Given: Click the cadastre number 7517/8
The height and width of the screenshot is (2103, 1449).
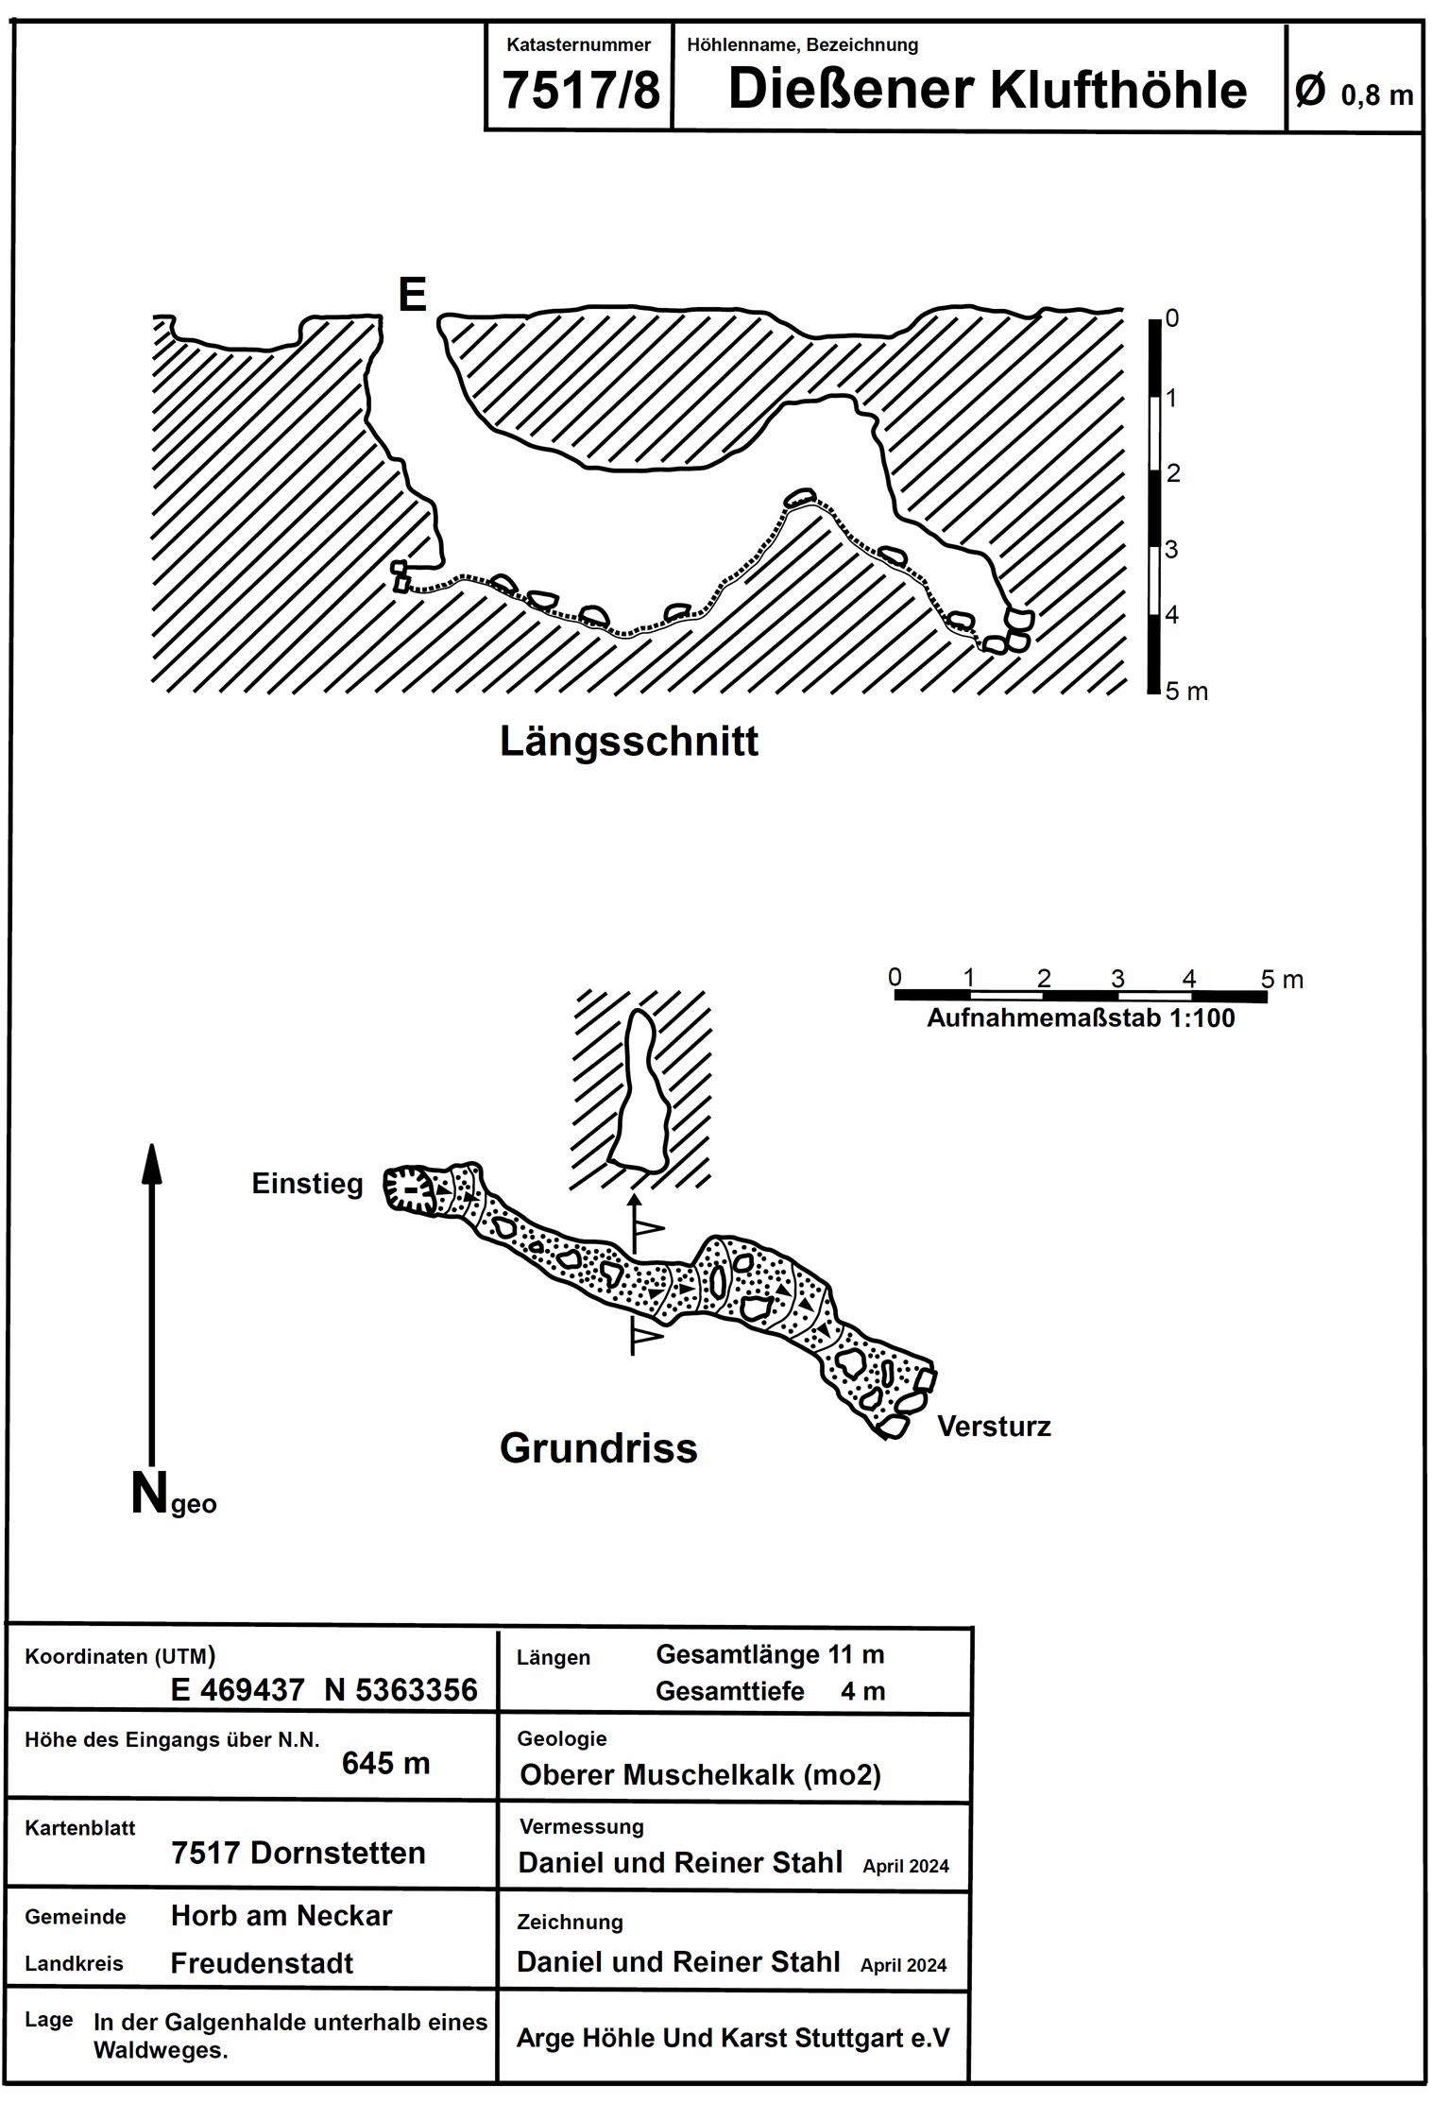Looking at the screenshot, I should (x=580, y=91).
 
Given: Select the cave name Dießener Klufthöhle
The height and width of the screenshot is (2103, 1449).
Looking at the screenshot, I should (x=987, y=90).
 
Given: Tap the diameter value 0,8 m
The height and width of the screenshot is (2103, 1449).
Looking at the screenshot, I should (x=1376, y=94).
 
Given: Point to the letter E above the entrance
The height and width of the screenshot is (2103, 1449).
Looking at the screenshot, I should (x=412, y=295).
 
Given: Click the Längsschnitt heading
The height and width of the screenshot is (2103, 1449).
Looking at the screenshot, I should (x=628, y=742).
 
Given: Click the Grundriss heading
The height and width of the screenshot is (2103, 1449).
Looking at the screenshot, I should (x=598, y=1448).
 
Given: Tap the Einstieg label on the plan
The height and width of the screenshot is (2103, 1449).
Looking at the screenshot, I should (x=307, y=1184).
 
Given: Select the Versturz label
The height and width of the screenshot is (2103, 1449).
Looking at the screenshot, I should (x=994, y=1427).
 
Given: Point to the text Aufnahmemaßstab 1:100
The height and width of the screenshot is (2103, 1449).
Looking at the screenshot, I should (x=1081, y=1018).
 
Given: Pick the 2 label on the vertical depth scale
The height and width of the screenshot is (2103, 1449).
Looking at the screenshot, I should (x=1173, y=473).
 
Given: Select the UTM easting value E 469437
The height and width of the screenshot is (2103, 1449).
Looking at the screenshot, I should (x=237, y=1690).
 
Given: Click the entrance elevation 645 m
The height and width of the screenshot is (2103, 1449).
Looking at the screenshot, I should (x=385, y=1763).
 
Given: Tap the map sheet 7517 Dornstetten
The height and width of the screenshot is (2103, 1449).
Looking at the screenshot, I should (x=298, y=1853).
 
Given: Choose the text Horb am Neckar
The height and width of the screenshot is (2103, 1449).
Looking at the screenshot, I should (x=281, y=1916).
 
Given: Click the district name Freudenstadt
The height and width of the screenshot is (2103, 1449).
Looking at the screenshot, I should (x=262, y=1963).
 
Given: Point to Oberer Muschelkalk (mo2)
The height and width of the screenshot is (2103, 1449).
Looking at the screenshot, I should (x=700, y=1775).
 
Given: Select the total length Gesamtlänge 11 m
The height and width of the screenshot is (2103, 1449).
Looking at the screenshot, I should (x=770, y=1655).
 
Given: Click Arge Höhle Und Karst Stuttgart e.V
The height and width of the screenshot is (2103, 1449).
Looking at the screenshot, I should (x=732, y=2038).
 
